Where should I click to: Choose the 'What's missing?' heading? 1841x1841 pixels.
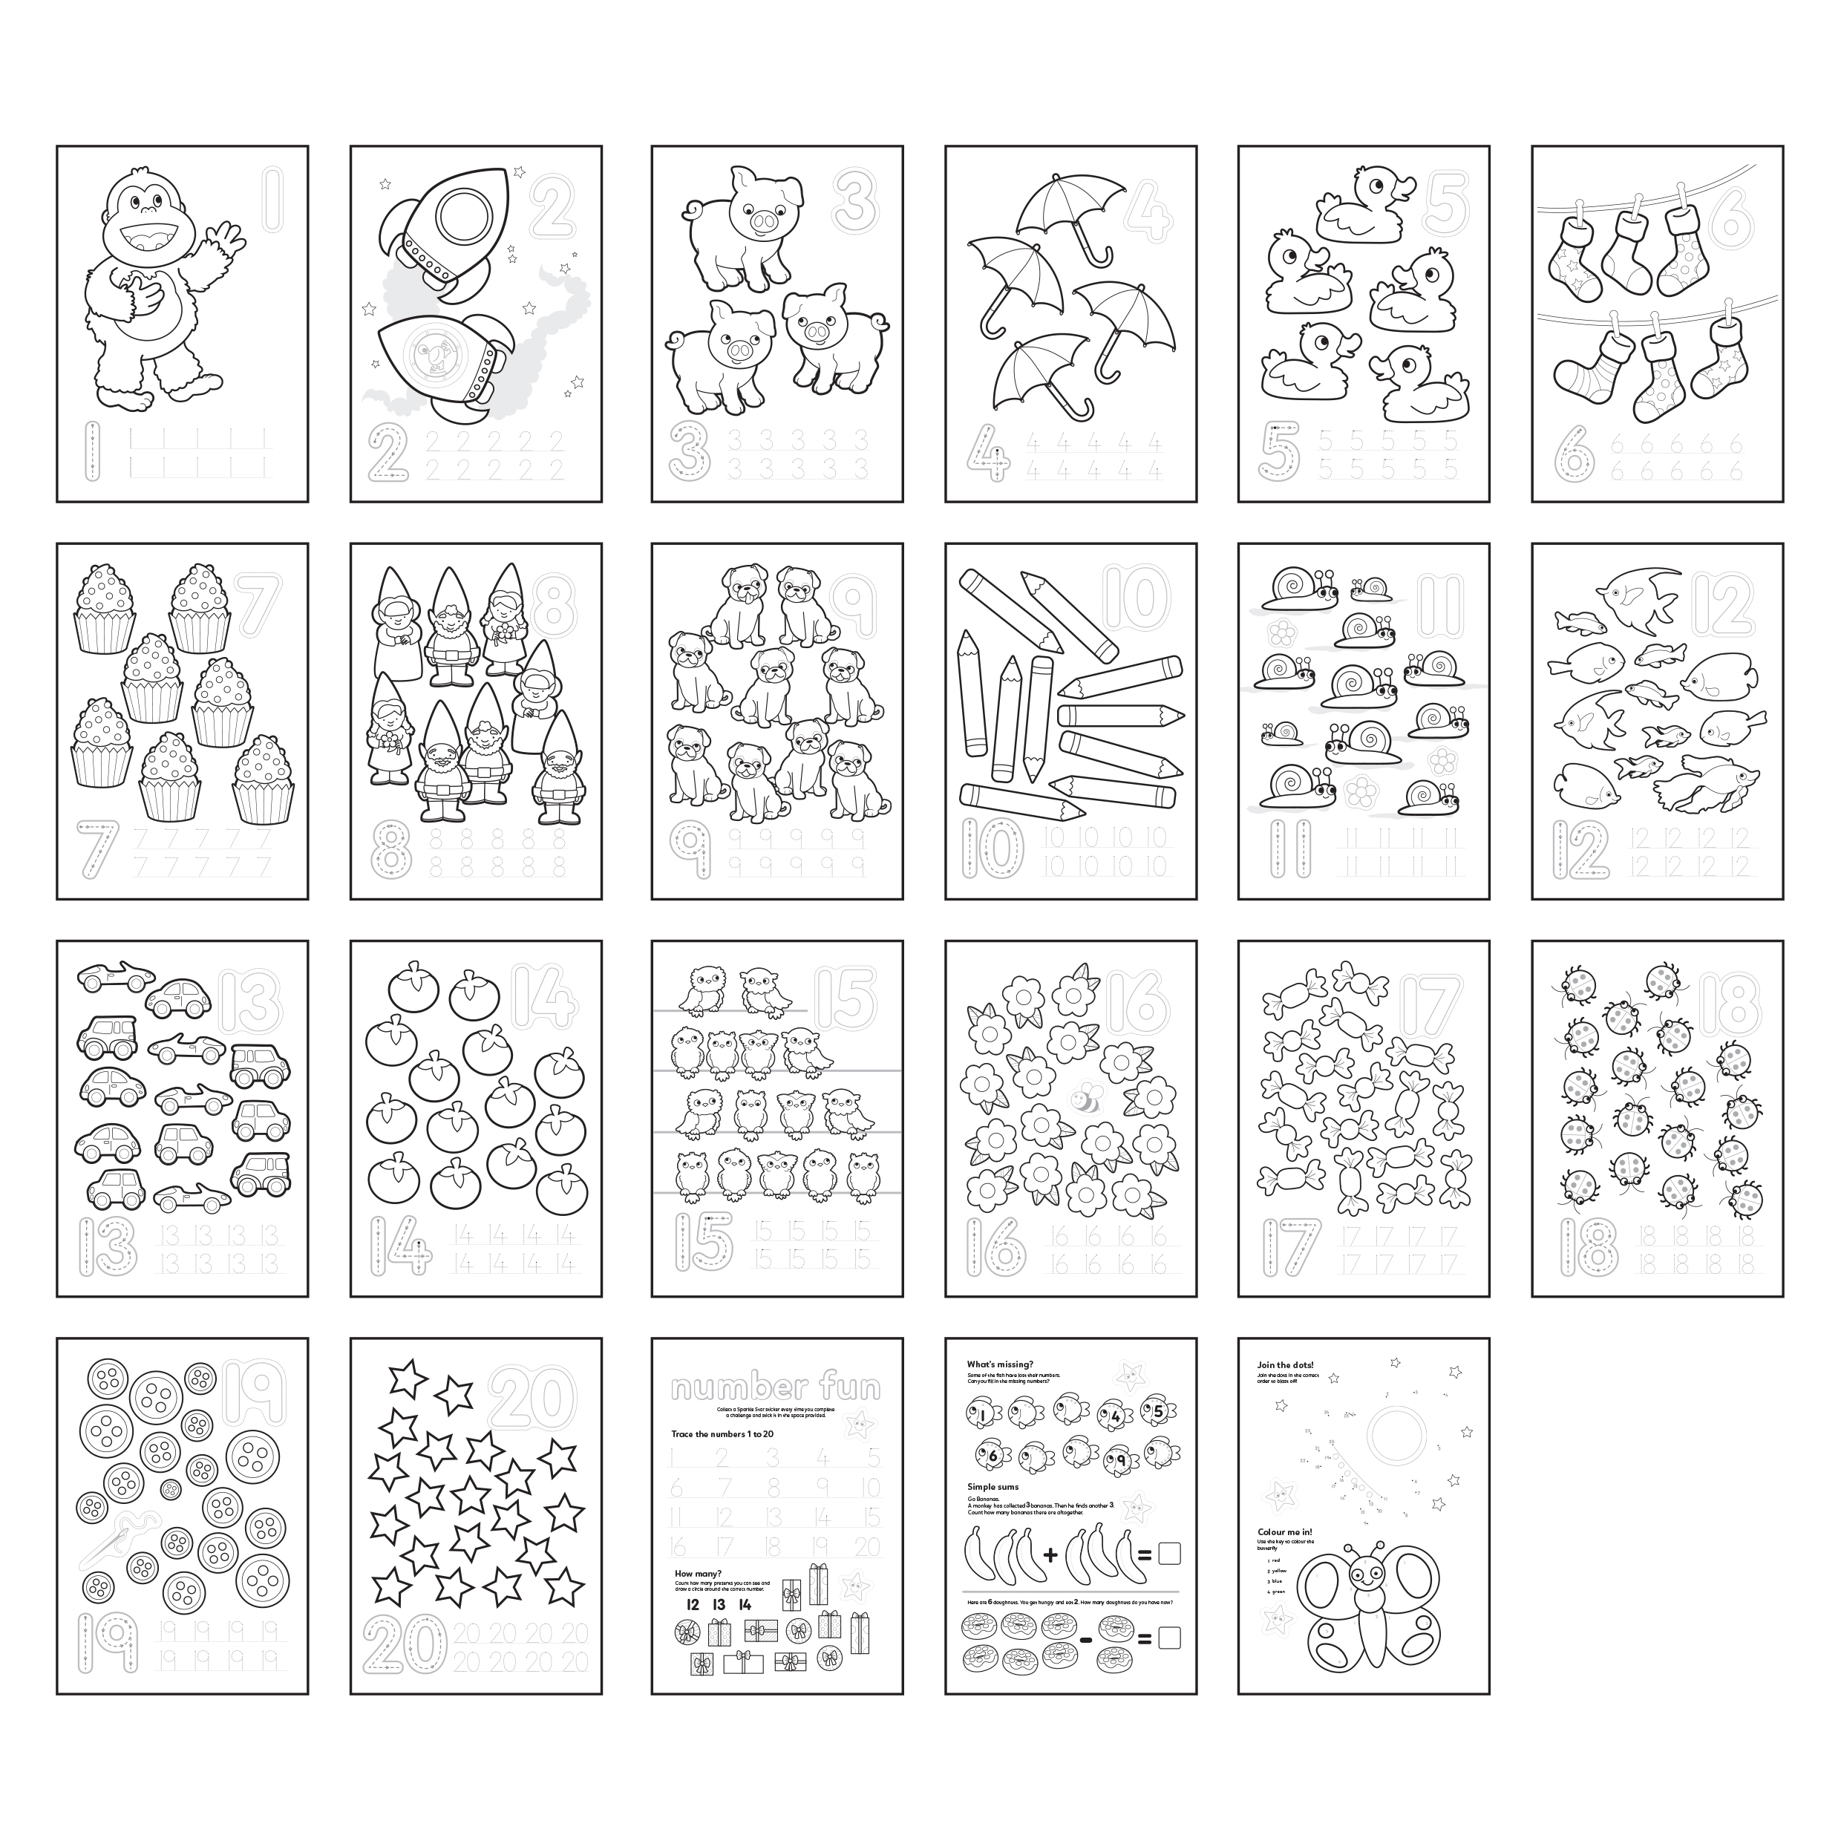1000,1364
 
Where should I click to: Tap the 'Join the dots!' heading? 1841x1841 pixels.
1287,1364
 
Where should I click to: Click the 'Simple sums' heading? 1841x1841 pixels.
993,1486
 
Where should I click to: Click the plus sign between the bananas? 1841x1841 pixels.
1051,1555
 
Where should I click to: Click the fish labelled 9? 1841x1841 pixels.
1122,1460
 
